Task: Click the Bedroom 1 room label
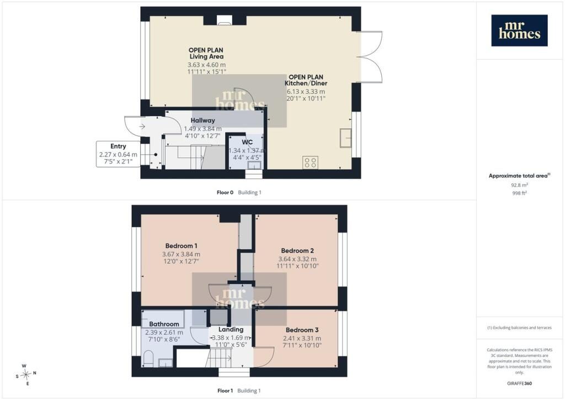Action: click(x=181, y=246)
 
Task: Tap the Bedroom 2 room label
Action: click(x=297, y=251)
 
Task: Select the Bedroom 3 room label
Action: click(x=302, y=330)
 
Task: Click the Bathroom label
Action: click(x=164, y=324)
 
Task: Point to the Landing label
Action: click(x=231, y=329)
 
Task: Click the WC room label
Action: click(x=247, y=142)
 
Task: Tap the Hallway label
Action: click(x=202, y=120)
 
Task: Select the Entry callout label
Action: click(x=118, y=146)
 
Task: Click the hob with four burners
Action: click(x=310, y=162)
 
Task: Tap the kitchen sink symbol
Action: click(x=345, y=138)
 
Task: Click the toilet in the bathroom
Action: click(x=148, y=360)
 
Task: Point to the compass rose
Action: click(x=26, y=375)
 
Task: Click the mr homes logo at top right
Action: click(x=519, y=30)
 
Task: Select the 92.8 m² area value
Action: click(x=519, y=185)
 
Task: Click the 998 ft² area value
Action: click(x=519, y=193)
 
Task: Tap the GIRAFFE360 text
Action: click(x=519, y=383)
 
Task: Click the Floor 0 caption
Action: click(x=225, y=193)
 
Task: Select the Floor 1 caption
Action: click(x=225, y=391)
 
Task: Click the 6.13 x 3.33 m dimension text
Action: click(x=306, y=92)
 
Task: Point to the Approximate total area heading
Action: click(x=519, y=176)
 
